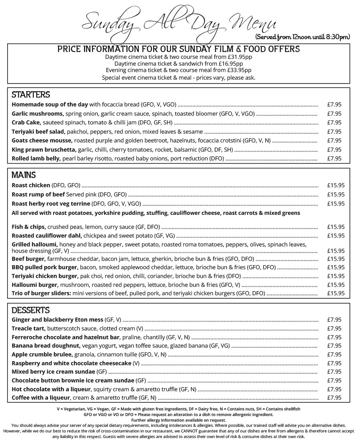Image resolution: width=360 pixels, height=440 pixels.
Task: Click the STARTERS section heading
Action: tap(31, 95)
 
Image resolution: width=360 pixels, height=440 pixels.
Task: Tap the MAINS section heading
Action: tap(24, 175)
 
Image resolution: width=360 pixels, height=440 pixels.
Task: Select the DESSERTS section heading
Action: tap(30, 310)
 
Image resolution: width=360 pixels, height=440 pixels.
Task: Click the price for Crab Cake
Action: tap(334, 122)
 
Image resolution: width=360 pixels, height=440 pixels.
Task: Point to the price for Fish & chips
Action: tap(336, 227)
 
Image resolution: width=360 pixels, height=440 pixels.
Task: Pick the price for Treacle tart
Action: tap(334, 328)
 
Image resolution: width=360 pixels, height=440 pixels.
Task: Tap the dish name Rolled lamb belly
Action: tap(36, 158)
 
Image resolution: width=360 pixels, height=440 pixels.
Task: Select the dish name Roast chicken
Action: tap(31, 185)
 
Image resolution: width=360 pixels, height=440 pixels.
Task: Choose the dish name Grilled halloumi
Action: tap(34, 244)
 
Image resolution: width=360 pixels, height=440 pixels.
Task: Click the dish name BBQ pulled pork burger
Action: tap(44, 267)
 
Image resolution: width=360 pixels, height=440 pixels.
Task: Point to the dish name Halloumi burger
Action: tap(35, 285)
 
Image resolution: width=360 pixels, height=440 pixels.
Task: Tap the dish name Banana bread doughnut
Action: tap(46, 346)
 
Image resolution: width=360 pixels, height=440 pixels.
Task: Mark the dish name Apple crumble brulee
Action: tap(42, 354)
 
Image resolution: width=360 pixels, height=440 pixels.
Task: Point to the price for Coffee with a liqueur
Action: tap(334, 398)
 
